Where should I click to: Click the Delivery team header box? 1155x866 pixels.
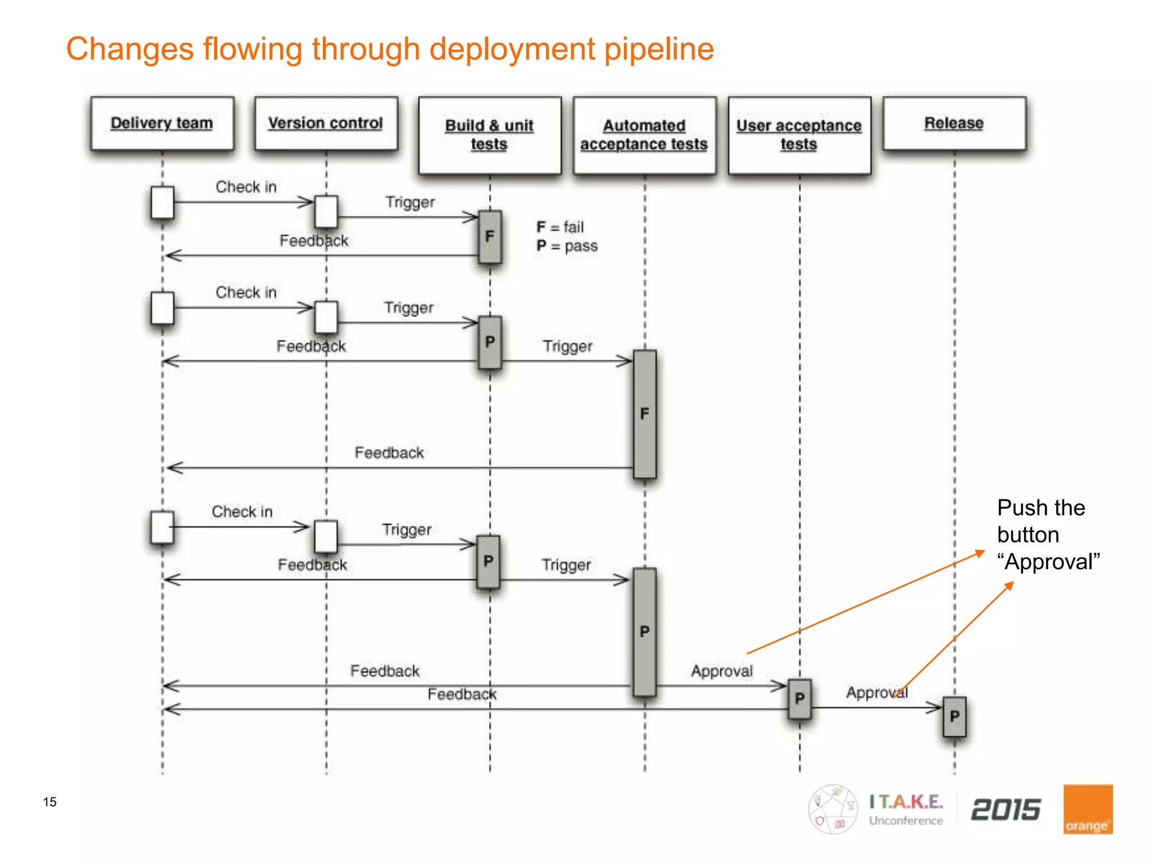pos(162,123)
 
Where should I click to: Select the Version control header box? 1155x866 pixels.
pos(326,123)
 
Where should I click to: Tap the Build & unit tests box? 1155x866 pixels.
pos(490,135)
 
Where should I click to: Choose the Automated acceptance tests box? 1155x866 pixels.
pos(644,135)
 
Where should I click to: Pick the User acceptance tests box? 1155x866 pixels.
pos(799,135)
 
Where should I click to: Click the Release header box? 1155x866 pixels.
pos(954,123)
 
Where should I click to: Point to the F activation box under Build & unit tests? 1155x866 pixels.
pos(490,237)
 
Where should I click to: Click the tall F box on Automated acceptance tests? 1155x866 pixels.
pos(645,414)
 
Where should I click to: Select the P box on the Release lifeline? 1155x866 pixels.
pos(954,717)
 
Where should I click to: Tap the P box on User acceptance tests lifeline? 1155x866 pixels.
pos(799,699)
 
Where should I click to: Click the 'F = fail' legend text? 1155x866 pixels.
pos(560,227)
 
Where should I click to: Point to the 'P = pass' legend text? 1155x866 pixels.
pos(567,246)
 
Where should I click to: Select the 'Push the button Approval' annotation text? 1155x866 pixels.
pos(1048,534)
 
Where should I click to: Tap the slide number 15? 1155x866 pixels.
pos(50,802)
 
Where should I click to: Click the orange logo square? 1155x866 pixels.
pos(1087,809)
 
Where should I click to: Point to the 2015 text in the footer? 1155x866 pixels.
pos(1006,810)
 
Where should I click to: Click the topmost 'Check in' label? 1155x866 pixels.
pos(246,187)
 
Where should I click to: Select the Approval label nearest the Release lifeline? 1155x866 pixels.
pos(876,692)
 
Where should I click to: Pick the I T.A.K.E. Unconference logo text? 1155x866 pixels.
pos(906,810)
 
